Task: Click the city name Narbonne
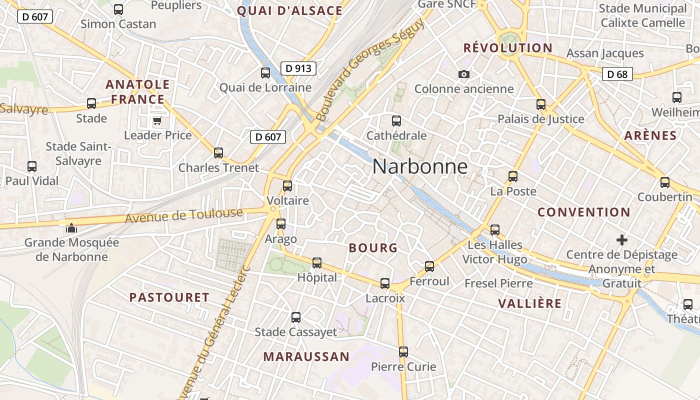coord(420,166)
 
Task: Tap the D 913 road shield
coord(298,68)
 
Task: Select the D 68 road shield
coord(617,74)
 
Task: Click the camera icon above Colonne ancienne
coord(464,74)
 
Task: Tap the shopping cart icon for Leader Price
coord(157,120)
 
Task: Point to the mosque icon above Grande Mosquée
coord(71,228)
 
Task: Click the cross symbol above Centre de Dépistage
coord(622,240)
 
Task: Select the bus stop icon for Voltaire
coord(287,186)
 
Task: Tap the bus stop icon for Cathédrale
coord(396,120)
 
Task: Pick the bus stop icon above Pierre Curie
coord(403,352)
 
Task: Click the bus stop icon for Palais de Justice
coord(541,104)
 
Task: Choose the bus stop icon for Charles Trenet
coord(218,153)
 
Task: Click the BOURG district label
coord(373,248)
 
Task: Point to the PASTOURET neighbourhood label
coord(169,297)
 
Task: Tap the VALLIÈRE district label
coord(529,303)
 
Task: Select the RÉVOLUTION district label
coord(507,48)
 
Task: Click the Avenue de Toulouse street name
coord(183,216)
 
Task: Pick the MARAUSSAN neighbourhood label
coord(306,356)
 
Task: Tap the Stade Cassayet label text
coord(296,332)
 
